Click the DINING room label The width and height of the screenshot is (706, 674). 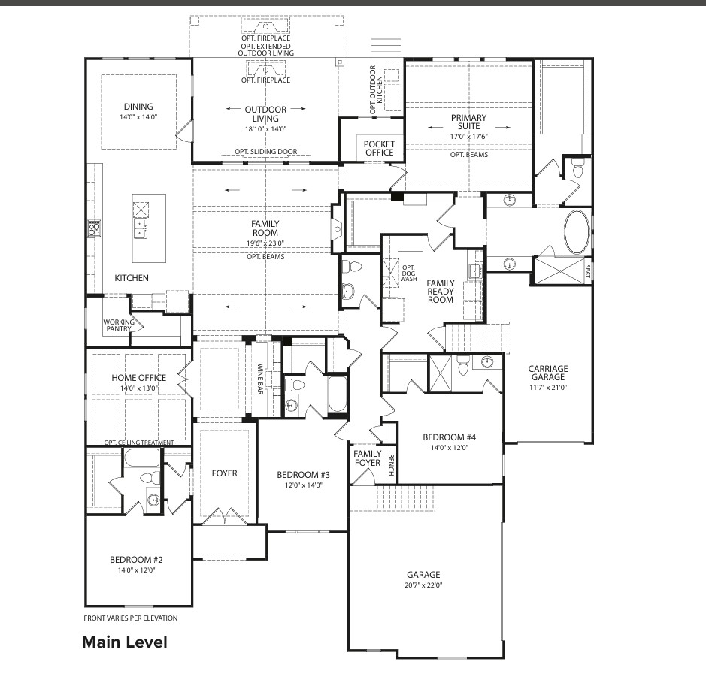[138, 107]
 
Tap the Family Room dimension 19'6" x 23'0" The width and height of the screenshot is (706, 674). [265, 243]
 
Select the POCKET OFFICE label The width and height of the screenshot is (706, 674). [379, 148]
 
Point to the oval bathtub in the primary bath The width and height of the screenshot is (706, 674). [577, 231]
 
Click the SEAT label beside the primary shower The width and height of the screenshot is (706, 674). [587, 271]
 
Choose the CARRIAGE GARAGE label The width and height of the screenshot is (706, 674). [548, 373]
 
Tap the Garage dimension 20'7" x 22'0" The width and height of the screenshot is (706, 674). [423, 585]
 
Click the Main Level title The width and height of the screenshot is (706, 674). [125, 642]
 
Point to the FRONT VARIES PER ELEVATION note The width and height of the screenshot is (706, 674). [131, 618]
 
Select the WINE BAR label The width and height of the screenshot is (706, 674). [260, 379]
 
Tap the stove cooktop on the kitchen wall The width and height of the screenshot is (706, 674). [94, 229]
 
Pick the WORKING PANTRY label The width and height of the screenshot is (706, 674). [118, 325]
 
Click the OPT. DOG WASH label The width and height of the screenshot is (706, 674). [408, 273]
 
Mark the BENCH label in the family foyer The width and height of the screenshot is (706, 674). [391, 465]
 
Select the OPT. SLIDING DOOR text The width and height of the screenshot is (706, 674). [265, 152]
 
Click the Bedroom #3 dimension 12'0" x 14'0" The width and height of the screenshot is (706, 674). [304, 485]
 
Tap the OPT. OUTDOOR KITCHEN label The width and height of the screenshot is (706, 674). [376, 89]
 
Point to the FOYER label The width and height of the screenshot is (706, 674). [224, 473]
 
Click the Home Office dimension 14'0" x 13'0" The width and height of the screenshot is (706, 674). [138, 388]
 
